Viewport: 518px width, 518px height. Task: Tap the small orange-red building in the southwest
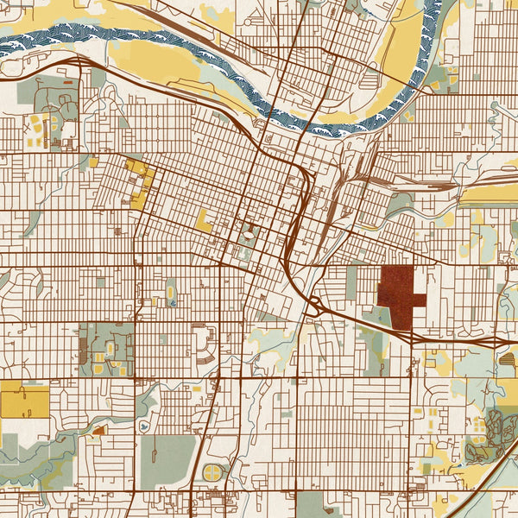point(98,429)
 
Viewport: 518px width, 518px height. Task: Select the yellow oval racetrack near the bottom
point(212,471)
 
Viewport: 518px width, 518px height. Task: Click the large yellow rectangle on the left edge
point(25,401)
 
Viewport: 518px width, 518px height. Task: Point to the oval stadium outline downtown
point(249,233)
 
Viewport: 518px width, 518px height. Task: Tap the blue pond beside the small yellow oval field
point(174,303)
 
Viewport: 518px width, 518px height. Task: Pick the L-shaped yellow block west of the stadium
point(204,221)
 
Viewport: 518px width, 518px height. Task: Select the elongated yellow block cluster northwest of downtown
point(140,182)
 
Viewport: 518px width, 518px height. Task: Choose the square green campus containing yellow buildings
point(106,350)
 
